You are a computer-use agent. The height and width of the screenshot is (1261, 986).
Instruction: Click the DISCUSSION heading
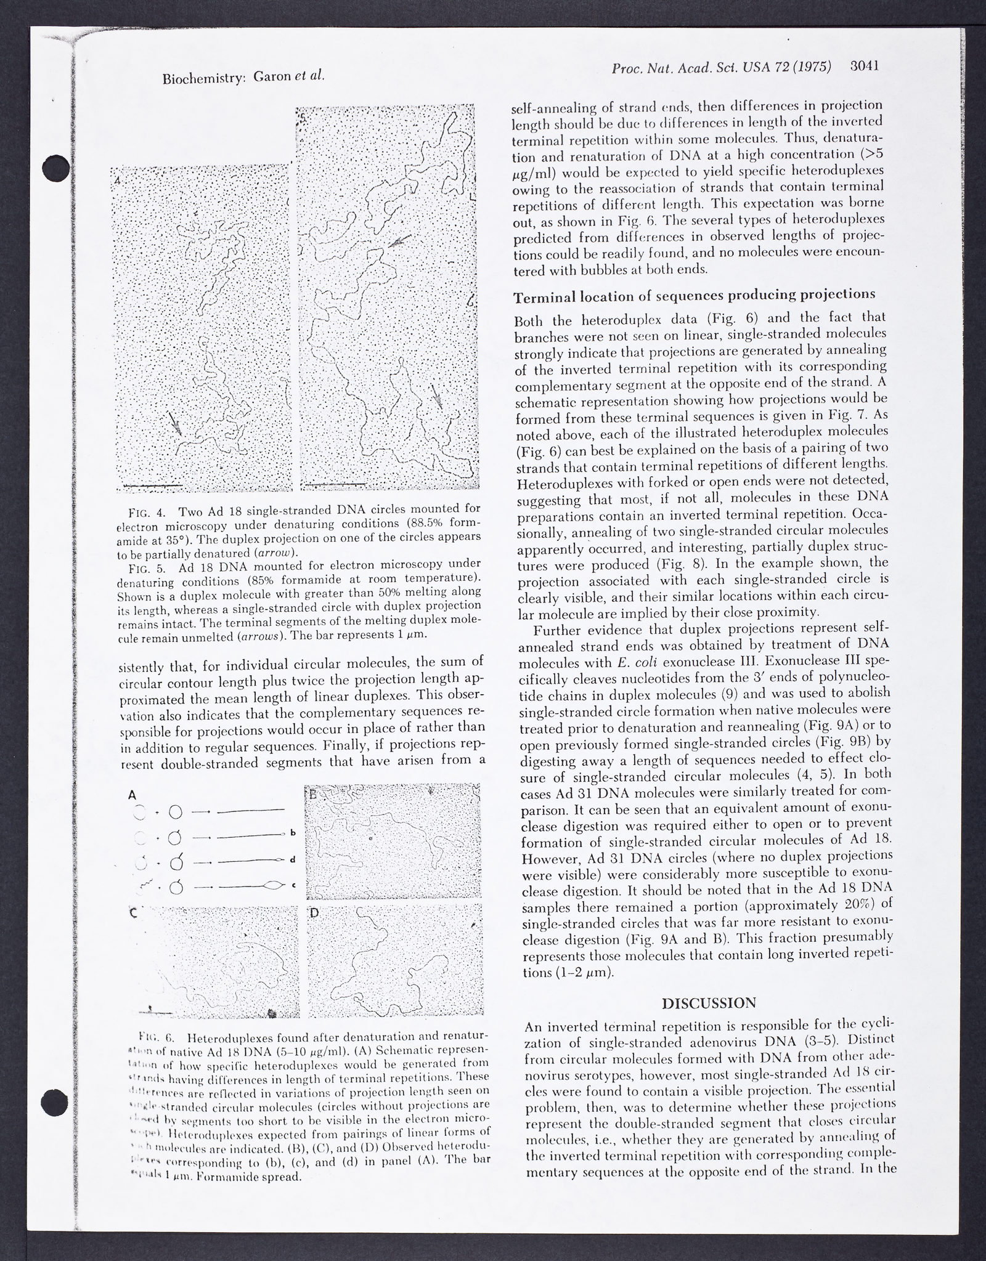[x=708, y=1003]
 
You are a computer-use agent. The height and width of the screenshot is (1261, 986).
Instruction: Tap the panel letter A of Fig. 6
[x=131, y=795]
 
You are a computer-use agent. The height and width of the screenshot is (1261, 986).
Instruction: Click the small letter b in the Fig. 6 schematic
[x=293, y=833]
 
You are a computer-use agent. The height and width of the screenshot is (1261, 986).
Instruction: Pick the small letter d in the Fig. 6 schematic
[x=293, y=859]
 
